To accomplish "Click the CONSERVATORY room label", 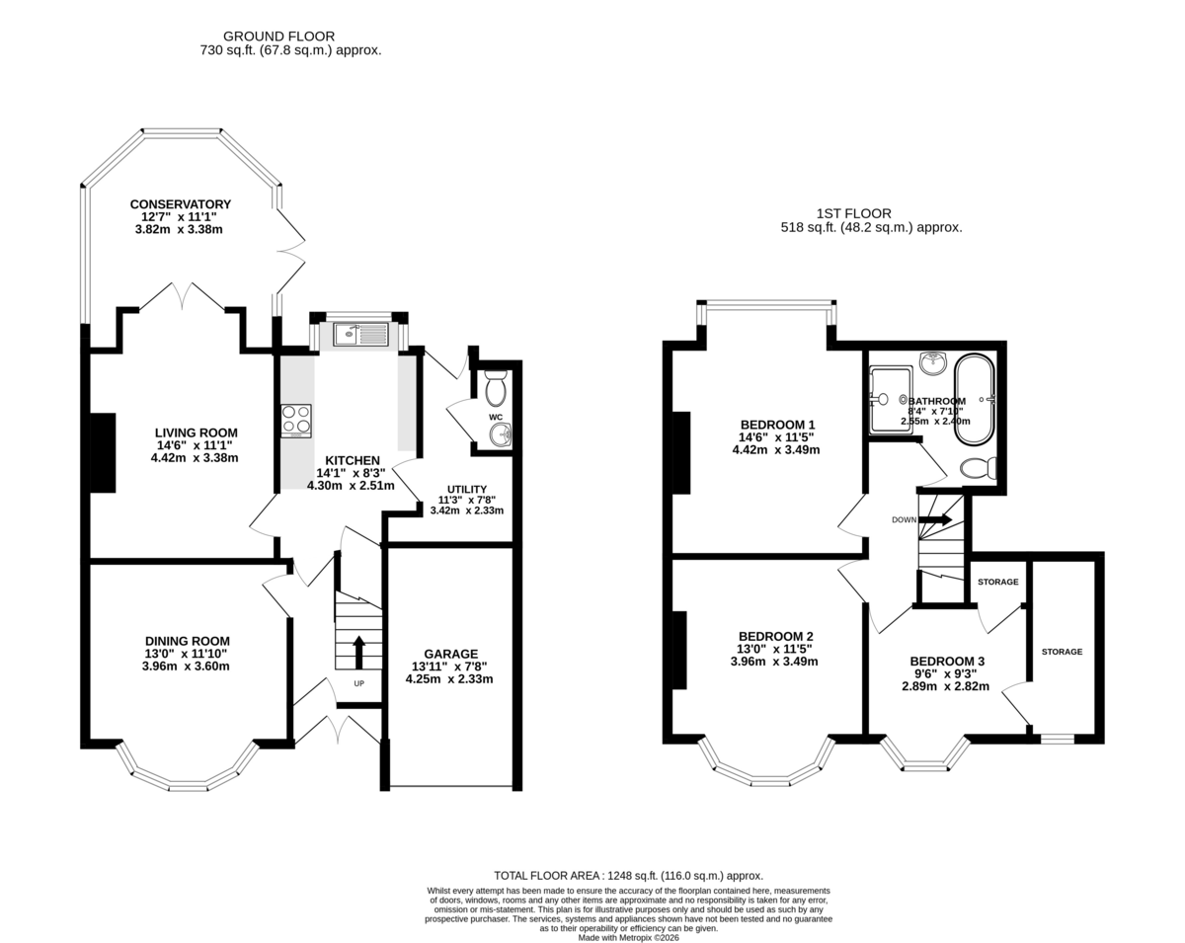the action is [x=180, y=204].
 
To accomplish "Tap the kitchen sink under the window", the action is [x=360, y=334].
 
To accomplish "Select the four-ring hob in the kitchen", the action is [x=296, y=422].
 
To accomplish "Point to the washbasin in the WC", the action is [x=500, y=434].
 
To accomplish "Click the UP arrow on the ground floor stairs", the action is [x=358, y=652].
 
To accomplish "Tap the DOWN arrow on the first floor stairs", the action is [x=935, y=518].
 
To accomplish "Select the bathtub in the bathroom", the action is [x=974, y=399].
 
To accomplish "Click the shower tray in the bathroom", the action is [x=891, y=400].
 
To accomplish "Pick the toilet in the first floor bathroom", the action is [x=979, y=469].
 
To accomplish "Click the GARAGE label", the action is [x=450, y=654].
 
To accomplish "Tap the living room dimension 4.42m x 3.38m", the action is [x=195, y=458].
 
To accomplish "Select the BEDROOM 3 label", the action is [x=947, y=661].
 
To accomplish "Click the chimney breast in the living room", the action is [x=103, y=453].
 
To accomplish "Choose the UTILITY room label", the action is [x=467, y=489].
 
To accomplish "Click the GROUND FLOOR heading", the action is [x=278, y=37].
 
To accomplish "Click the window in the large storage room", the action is [x=1058, y=739].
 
